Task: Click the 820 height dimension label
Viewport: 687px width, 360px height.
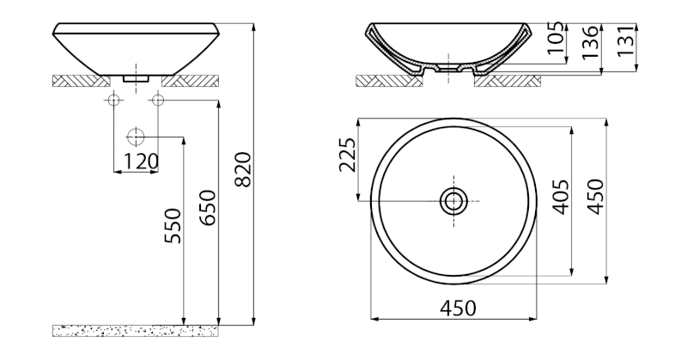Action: tap(243, 170)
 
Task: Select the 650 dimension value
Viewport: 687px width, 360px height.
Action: tap(208, 208)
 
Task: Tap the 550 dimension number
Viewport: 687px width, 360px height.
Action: tap(173, 226)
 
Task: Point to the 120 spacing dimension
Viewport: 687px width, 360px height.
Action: tap(141, 162)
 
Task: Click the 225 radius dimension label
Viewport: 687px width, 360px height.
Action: tap(348, 155)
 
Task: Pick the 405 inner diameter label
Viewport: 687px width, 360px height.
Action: tap(562, 198)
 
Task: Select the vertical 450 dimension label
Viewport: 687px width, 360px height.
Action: tap(596, 198)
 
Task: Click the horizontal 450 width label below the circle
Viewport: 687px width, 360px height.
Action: tap(458, 308)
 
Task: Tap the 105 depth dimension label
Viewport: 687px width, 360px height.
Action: tap(556, 38)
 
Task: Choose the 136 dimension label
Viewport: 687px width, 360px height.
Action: tap(590, 42)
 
